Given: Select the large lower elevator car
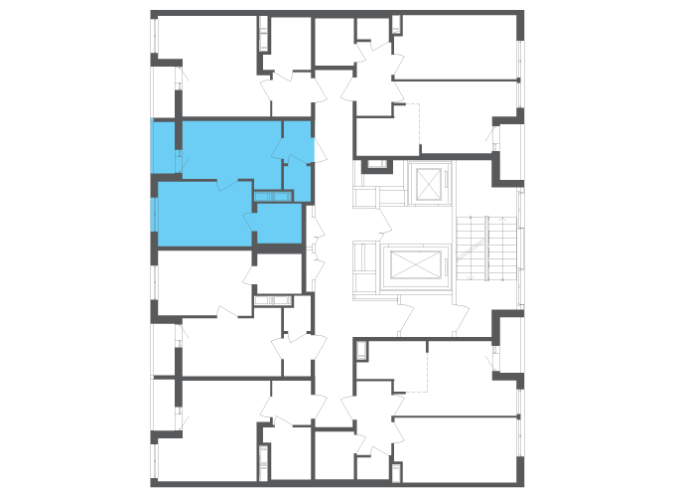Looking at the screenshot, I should coord(417,266).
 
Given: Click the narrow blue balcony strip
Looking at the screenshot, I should coord(164,146).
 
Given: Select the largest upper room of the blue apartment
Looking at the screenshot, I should coord(228,149).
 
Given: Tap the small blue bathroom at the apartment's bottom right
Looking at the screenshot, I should coord(278,224).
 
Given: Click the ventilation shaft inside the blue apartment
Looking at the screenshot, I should coord(274,196).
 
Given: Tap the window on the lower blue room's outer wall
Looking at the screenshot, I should coord(154,214).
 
